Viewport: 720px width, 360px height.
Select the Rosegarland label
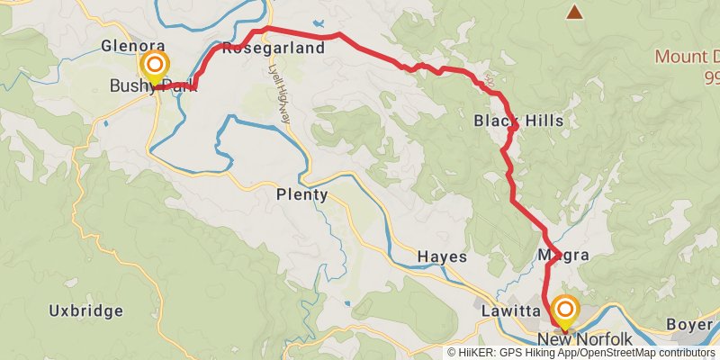[272, 49]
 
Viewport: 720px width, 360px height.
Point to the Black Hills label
[517, 121]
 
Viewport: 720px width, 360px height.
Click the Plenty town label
[301, 194]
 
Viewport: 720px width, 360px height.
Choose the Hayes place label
[442, 257]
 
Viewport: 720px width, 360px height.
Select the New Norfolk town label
[585, 339]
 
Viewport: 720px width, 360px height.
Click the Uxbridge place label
[85, 311]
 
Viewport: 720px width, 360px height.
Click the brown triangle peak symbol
[574, 12]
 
